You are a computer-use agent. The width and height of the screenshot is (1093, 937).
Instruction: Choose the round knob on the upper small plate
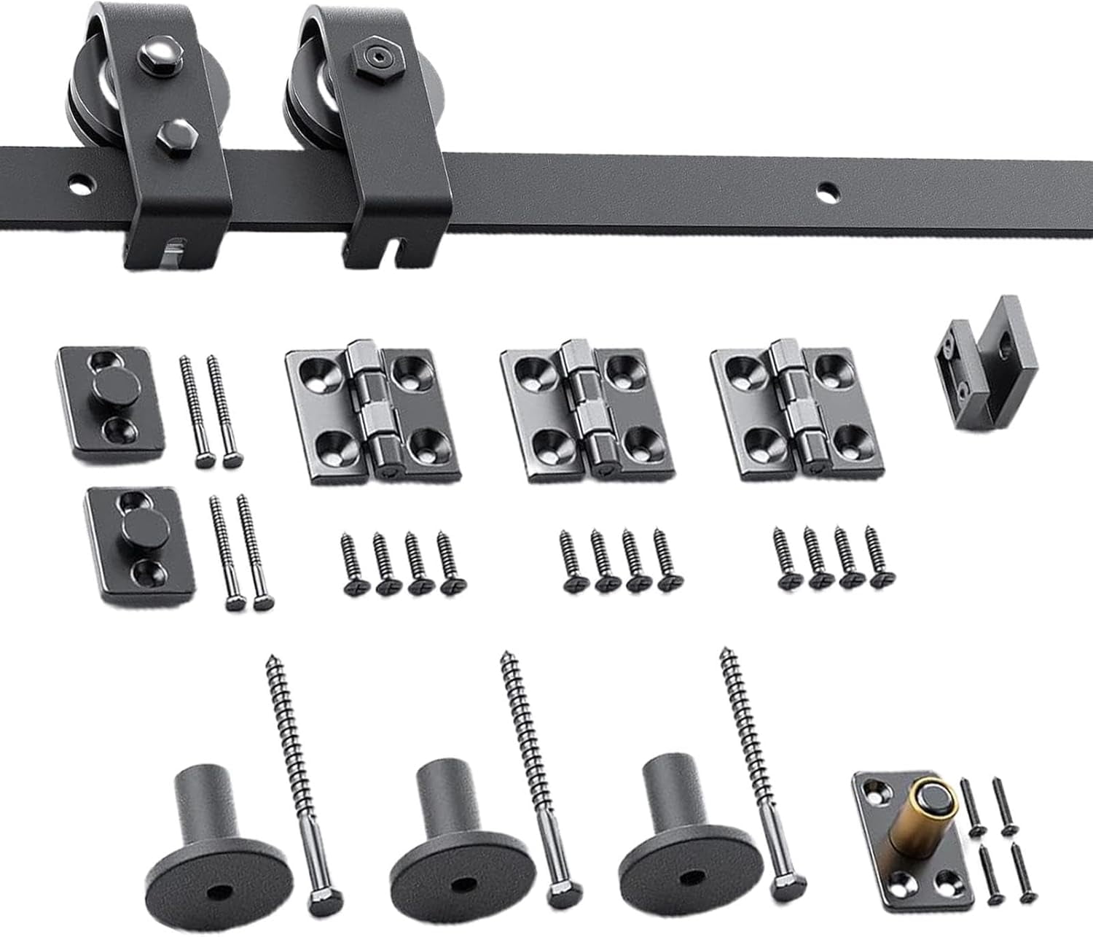coord(115,390)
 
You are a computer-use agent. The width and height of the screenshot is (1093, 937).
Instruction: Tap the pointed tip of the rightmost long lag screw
coord(724,650)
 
